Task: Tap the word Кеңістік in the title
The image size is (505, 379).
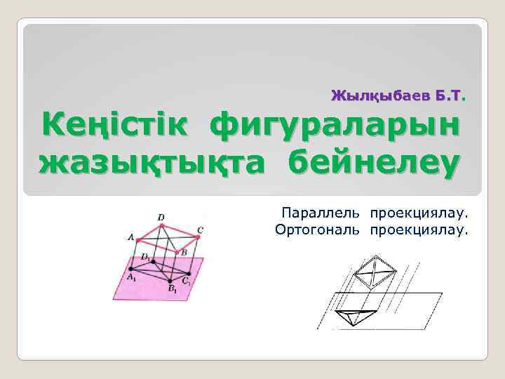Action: (116, 127)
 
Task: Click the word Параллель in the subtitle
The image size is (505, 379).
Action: (321, 212)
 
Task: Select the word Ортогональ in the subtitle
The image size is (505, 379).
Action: (318, 229)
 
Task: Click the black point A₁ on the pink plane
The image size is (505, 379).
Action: (133, 270)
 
